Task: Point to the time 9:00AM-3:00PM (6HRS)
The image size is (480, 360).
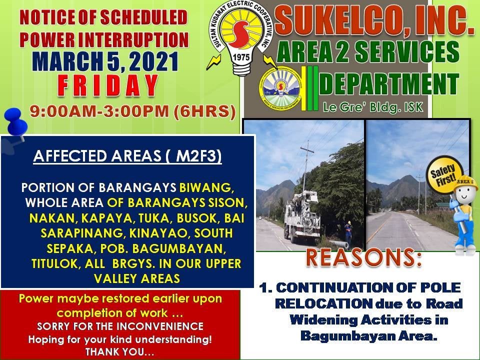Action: click(x=132, y=111)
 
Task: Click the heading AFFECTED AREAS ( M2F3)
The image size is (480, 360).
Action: click(x=127, y=156)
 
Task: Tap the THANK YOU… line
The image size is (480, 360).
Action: click(x=120, y=351)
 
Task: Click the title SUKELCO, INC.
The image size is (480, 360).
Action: click(x=374, y=22)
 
